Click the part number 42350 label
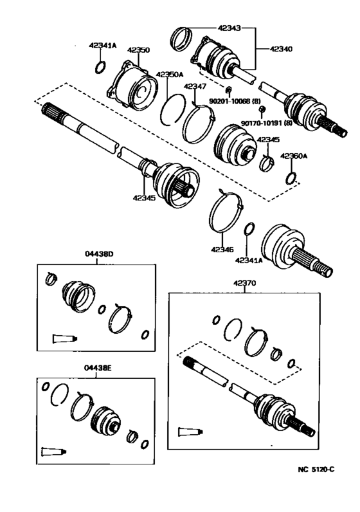pyautogui.click(x=138, y=50)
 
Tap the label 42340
pyautogui.click(x=281, y=48)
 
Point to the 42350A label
pyautogui.click(x=168, y=75)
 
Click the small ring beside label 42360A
pyautogui.click(x=292, y=178)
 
